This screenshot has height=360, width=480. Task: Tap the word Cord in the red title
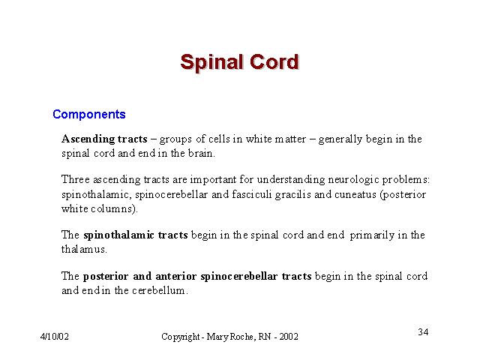(x=274, y=62)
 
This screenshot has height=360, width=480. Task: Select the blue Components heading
(x=89, y=115)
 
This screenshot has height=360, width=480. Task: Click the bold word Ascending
(x=88, y=139)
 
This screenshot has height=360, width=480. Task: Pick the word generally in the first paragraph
(x=340, y=140)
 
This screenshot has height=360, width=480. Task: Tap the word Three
(x=76, y=179)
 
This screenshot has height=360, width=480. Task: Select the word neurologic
(x=353, y=180)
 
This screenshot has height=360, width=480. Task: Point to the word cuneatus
(x=355, y=195)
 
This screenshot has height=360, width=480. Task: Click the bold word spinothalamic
(x=118, y=235)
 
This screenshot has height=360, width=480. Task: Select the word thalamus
(x=84, y=249)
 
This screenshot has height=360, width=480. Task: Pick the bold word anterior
(x=176, y=277)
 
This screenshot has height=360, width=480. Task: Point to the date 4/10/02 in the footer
(x=55, y=337)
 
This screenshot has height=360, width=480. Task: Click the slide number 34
(x=423, y=332)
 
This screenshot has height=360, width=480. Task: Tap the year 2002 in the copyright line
(x=288, y=337)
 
